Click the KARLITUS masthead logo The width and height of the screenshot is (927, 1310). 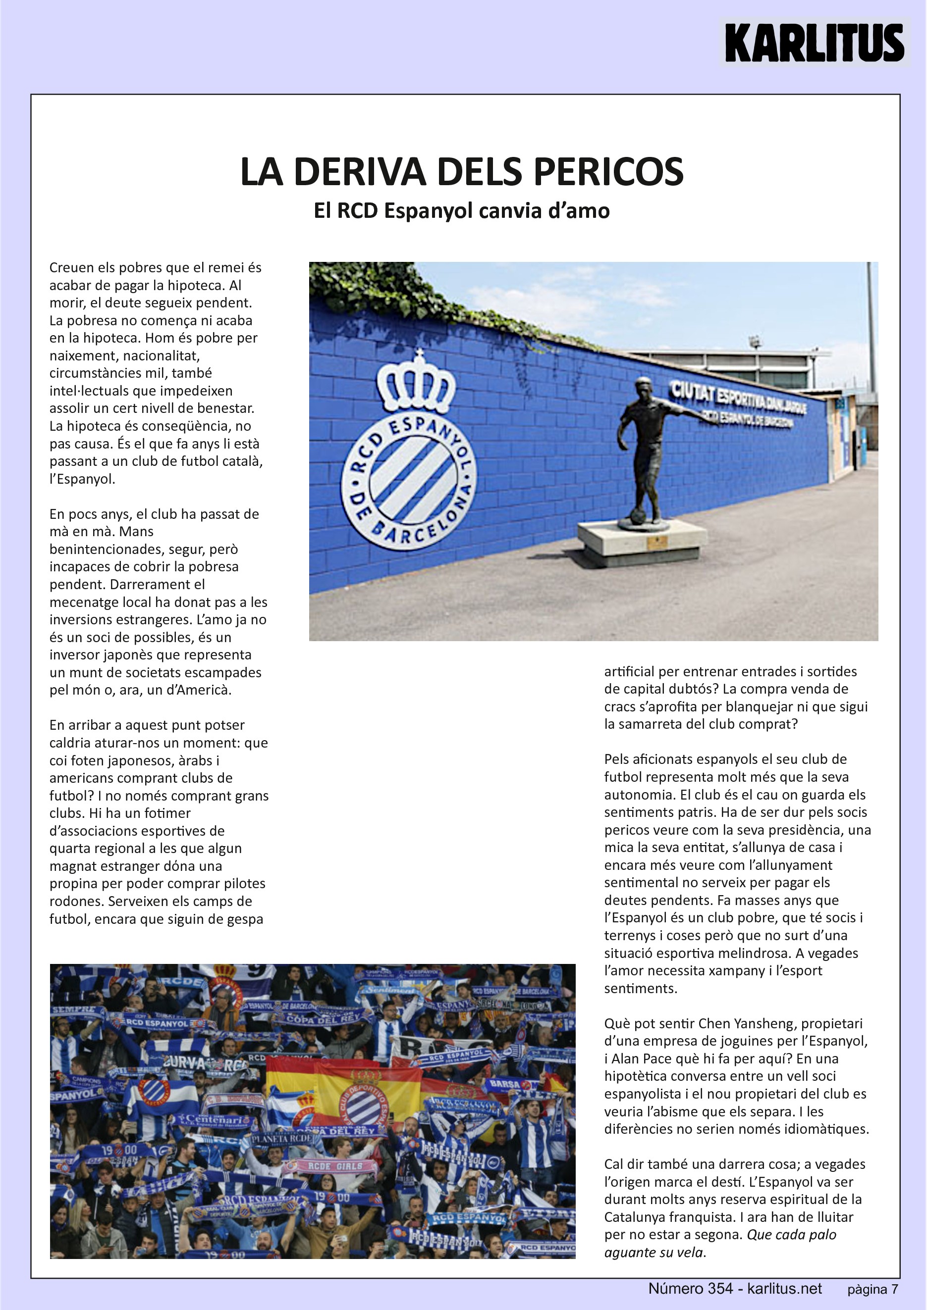(x=814, y=43)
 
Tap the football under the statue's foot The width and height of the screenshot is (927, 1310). (x=638, y=516)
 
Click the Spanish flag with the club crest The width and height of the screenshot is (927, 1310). (x=365, y=1098)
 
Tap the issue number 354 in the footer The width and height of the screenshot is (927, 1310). (x=720, y=1289)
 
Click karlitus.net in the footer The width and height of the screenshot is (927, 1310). (x=785, y=1289)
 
